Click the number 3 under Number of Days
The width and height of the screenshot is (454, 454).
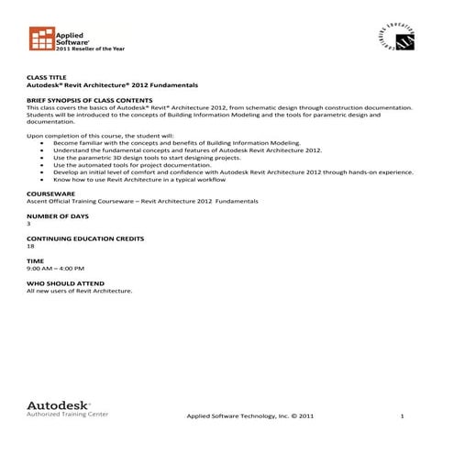click(x=28, y=223)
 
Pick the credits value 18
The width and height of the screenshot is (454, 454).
click(x=30, y=246)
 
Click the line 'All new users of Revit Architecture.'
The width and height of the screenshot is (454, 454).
click(x=79, y=291)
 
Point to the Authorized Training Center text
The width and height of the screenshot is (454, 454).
click(x=68, y=415)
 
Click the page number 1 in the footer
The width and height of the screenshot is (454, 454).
click(x=402, y=416)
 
